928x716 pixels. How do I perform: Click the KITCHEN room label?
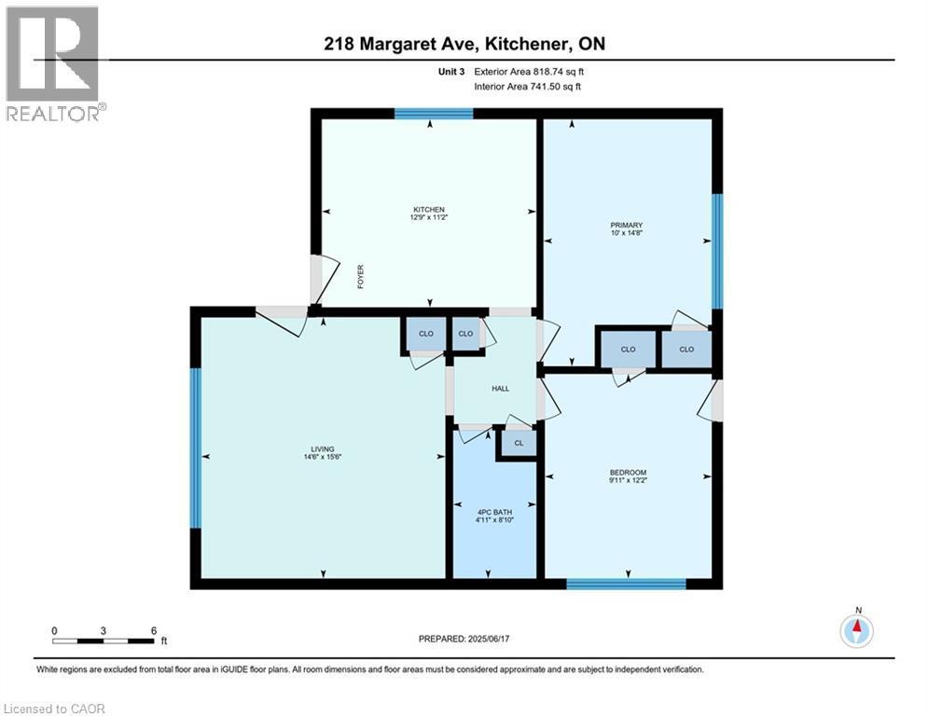[x=429, y=209]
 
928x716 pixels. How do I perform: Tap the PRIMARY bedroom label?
[x=627, y=225]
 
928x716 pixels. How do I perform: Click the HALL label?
[x=501, y=388]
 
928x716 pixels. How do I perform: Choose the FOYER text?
[x=361, y=277]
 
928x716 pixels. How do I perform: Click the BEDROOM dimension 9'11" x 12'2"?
[x=627, y=481]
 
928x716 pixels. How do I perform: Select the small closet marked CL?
[x=519, y=443]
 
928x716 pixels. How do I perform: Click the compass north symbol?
[x=856, y=631]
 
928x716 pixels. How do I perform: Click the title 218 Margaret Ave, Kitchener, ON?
[x=464, y=44]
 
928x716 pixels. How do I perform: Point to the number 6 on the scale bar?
[x=153, y=629]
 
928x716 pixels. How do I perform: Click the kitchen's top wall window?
[x=433, y=114]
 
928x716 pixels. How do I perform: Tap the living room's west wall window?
[x=196, y=447]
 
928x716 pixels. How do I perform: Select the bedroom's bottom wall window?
[x=626, y=585]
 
